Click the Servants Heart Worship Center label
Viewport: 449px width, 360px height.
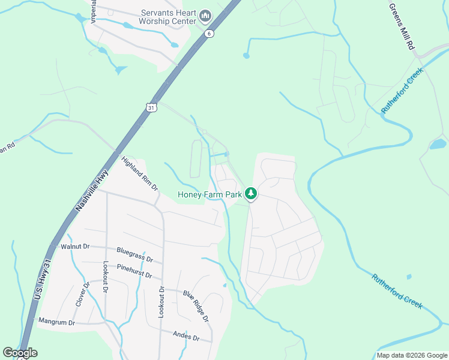tap(169, 17)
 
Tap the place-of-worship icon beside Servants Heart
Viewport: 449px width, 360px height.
tap(205, 14)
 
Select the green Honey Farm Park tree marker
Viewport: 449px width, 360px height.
tap(251, 194)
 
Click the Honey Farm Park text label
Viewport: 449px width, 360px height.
tap(209, 194)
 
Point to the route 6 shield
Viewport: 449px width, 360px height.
tap(208, 34)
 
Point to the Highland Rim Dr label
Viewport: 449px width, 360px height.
tap(139, 175)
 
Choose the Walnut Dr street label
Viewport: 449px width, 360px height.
tap(74, 246)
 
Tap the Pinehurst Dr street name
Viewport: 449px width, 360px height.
tap(135, 271)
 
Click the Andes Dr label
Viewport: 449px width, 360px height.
tap(185, 337)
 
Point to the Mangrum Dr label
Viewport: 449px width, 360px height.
tap(56, 322)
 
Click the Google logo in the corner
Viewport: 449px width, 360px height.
tap(20, 353)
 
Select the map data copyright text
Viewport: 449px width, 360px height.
tap(412, 355)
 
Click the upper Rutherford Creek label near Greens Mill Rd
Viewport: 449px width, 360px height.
tap(402, 90)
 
